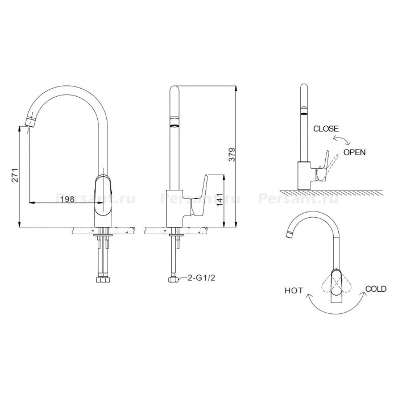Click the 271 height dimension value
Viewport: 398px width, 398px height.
(x=15, y=175)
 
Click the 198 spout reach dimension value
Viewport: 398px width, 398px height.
(x=67, y=199)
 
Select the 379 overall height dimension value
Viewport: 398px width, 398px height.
(x=232, y=154)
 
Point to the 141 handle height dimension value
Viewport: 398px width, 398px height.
(x=220, y=199)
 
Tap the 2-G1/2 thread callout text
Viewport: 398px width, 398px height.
(x=201, y=277)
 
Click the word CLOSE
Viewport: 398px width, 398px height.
(x=326, y=128)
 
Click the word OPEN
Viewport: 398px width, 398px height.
(x=354, y=152)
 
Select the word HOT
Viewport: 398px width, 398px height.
(x=294, y=291)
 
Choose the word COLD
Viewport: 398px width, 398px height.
(x=376, y=289)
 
